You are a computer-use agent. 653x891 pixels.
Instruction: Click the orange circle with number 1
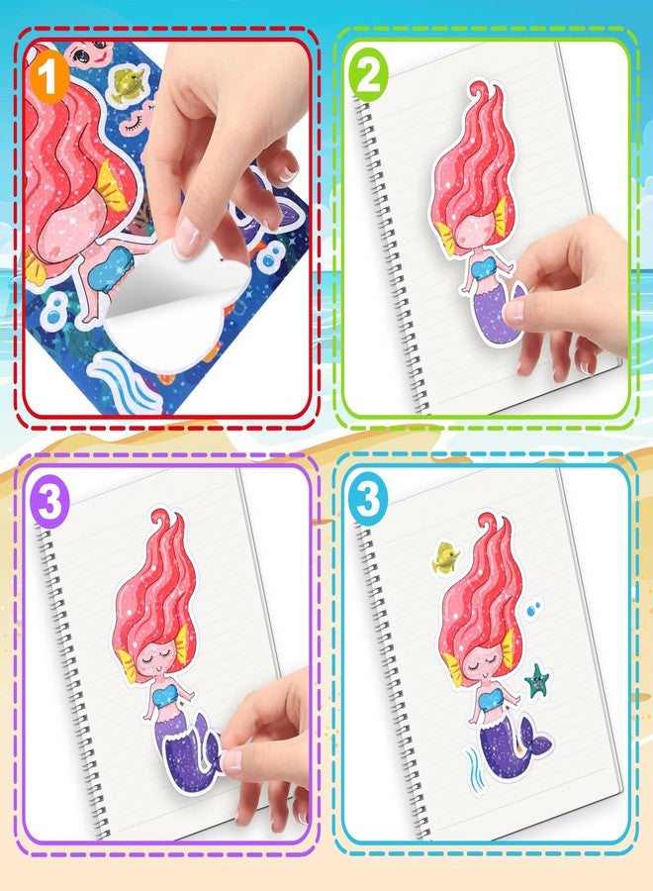[x=47, y=77]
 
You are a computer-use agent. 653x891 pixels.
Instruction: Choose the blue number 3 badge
[x=367, y=499]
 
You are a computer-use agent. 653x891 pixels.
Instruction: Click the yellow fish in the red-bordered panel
[x=125, y=86]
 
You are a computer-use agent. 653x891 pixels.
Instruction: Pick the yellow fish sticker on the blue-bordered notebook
[x=444, y=558]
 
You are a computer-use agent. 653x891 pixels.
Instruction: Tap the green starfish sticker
[x=538, y=680]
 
